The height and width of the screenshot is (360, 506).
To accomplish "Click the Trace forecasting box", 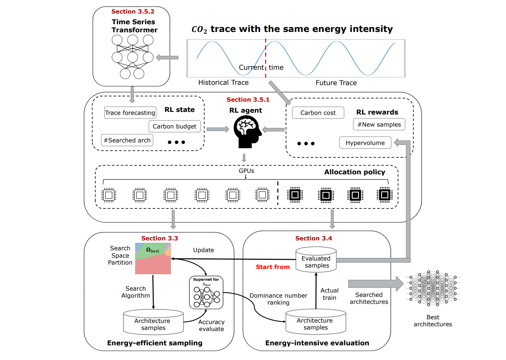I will point(130,113).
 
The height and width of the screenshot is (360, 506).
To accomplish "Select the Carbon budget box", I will point(174,126).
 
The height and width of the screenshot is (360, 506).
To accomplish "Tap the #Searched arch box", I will point(127,140).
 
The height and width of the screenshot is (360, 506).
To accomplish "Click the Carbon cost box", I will point(318,113).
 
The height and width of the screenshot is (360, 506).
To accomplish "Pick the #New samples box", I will point(379,124).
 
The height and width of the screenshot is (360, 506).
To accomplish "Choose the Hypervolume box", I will point(365,143).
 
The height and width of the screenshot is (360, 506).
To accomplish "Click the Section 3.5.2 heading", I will point(133,12).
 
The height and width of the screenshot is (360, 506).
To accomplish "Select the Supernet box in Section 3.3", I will point(206,292).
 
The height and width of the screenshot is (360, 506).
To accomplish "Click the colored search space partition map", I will point(153,259).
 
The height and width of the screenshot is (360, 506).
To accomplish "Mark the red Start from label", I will point(273,267).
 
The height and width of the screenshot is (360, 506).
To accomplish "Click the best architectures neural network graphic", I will point(433,288).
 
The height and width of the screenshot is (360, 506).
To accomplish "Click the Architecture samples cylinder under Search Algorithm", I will point(153,323).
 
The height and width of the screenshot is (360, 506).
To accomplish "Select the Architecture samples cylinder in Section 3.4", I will point(316,322).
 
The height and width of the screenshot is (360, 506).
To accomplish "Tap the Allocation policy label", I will point(354,172).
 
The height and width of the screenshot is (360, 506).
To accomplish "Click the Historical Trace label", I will point(223,83).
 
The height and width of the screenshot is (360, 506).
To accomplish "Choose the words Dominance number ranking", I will point(278,299).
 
